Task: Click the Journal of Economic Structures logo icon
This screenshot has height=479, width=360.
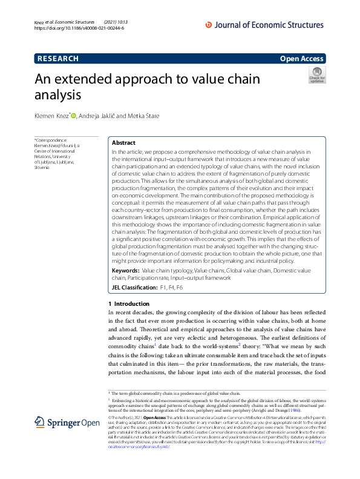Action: (x=209, y=25)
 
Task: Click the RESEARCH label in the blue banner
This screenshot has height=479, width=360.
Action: (x=58, y=59)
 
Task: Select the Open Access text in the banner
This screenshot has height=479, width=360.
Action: (x=302, y=59)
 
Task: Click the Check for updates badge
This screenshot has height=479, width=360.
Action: (x=316, y=75)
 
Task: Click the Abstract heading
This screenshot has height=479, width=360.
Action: (x=123, y=143)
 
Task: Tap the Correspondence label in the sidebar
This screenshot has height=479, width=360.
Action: (x=51, y=140)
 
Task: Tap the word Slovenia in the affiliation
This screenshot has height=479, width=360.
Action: (x=44, y=167)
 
